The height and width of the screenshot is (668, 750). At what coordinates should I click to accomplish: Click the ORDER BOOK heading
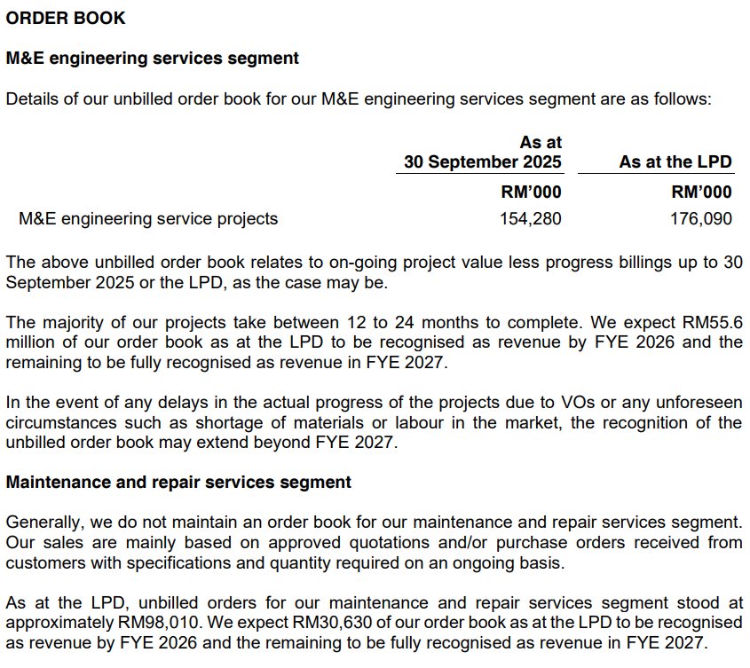click(x=66, y=18)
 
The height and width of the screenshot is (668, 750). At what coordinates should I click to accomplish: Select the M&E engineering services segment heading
click(x=153, y=59)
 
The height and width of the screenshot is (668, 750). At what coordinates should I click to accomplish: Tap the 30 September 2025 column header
click(x=483, y=161)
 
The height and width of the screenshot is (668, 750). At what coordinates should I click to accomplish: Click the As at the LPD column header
click(x=675, y=161)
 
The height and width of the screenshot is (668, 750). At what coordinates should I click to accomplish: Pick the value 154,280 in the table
click(x=531, y=218)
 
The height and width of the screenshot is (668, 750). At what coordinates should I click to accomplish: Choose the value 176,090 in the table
click(x=701, y=218)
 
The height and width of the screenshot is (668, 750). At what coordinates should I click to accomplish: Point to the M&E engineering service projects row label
click(x=148, y=218)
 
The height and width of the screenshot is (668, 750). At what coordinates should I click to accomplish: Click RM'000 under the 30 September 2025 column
click(x=531, y=192)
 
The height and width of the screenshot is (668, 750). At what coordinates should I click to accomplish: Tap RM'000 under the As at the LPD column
click(x=701, y=192)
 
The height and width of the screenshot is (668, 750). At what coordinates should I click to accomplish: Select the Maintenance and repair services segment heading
click(x=178, y=483)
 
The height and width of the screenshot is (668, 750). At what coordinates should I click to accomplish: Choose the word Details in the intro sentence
click(x=32, y=98)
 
